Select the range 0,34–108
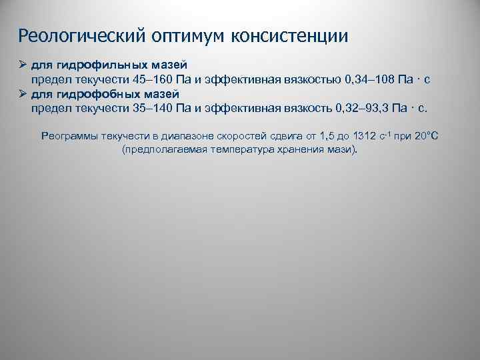[x=369, y=79]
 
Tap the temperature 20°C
[x=426, y=136]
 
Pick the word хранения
[x=305, y=150]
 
